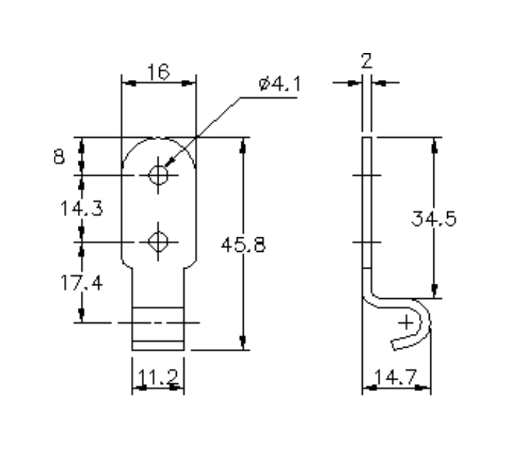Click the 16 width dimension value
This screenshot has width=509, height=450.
[158, 71]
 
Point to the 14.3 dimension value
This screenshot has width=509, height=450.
[81, 208]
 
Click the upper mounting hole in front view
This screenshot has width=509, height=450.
[158, 174]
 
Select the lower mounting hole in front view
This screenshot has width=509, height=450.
[158, 240]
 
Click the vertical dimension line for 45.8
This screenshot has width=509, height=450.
[243, 290]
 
